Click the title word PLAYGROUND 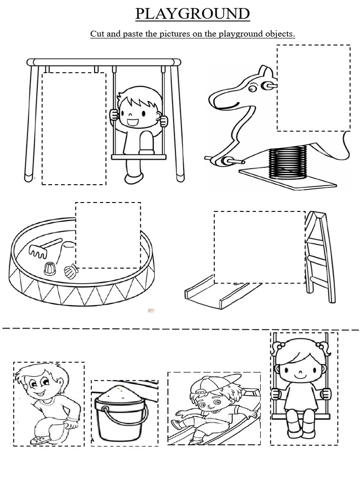[193, 14]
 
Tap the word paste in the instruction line [137, 34]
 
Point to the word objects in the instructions [281, 34]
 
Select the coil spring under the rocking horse [287, 161]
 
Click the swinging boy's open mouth [133, 123]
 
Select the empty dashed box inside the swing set [74, 128]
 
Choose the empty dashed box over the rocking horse [313, 88]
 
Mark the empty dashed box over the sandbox [108, 235]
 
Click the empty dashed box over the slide [259, 247]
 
